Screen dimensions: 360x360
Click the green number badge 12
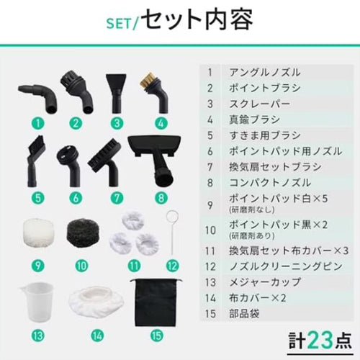pyautogui.click(x=171, y=264)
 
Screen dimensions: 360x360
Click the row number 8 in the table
pyautogui.click(x=210, y=182)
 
